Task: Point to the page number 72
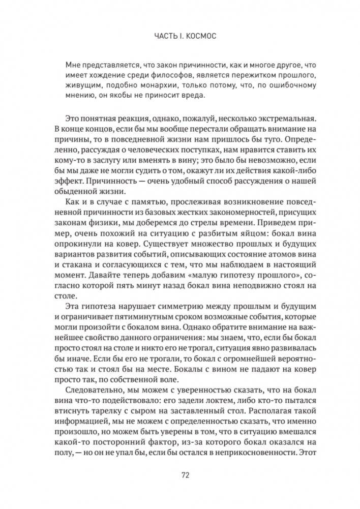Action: [186, 476]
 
